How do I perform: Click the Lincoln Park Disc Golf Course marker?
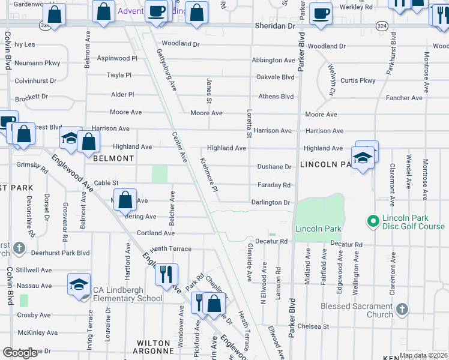[373, 221]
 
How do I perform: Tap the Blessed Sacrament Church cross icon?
[402, 309]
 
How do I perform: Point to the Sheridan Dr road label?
[276, 26]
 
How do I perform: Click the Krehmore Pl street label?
[208, 175]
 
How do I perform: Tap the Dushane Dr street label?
[274, 167]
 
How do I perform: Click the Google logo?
[20, 353]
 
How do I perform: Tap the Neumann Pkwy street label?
[38, 62]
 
